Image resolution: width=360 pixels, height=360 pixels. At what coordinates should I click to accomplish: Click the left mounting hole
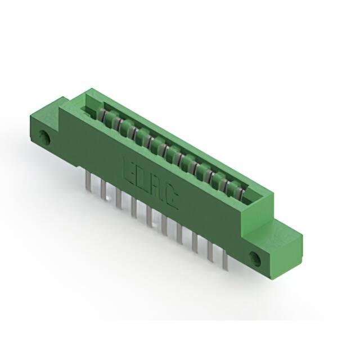pos(44,136)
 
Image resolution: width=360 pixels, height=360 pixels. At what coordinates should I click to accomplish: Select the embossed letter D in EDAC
pos(142,178)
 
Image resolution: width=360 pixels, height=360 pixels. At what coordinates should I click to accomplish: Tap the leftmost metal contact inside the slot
pos(104,115)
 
